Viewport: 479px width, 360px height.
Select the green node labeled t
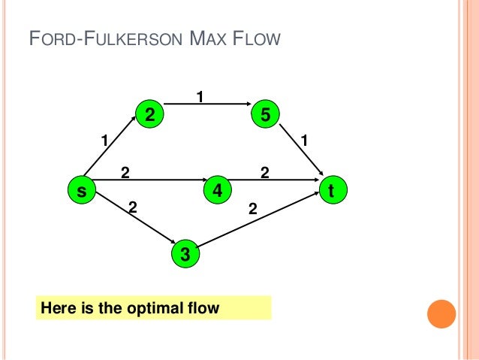tap(331, 191)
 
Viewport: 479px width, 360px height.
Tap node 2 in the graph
tap(149, 114)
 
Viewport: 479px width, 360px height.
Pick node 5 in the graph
tap(266, 114)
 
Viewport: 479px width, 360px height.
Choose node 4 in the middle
tap(217, 191)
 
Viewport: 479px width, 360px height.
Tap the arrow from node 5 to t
tap(300, 154)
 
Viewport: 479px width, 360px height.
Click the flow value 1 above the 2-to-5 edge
tap(200, 96)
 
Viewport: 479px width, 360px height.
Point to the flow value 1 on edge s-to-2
tap(105, 139)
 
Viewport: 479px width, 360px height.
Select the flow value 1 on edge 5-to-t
tap(304, 140)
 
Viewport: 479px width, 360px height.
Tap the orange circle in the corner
tap(441, 314)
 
